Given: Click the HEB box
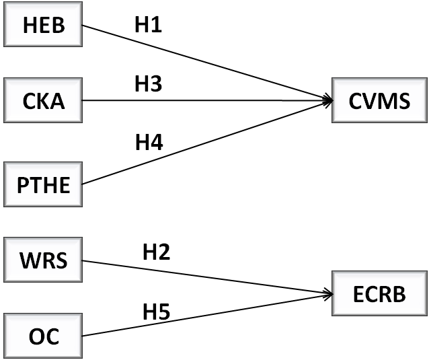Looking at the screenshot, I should [x=43, y=24].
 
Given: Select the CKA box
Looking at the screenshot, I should [x=43, y=100].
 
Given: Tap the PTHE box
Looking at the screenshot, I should [x=43, y=184].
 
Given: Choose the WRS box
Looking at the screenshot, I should [x=43, y=259].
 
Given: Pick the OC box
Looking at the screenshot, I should [x=43, y=335].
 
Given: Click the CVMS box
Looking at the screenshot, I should [x=379, y=100].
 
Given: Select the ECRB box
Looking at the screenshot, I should [x=379, y=293].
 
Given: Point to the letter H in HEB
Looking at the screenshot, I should [x=30, y=25].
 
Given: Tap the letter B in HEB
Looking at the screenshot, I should [x=57, y=25].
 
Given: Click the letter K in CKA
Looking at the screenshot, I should [x=43, y=101].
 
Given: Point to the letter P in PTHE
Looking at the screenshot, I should [x=22, y=185].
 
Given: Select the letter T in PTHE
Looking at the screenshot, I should [x=35, y=185].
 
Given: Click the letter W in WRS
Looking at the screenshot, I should [x=29, y=260].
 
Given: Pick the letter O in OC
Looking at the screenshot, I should [x=36, y=336].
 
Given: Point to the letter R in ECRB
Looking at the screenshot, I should [x=385, y=294].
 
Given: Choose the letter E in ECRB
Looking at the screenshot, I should [x=358, y=294].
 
